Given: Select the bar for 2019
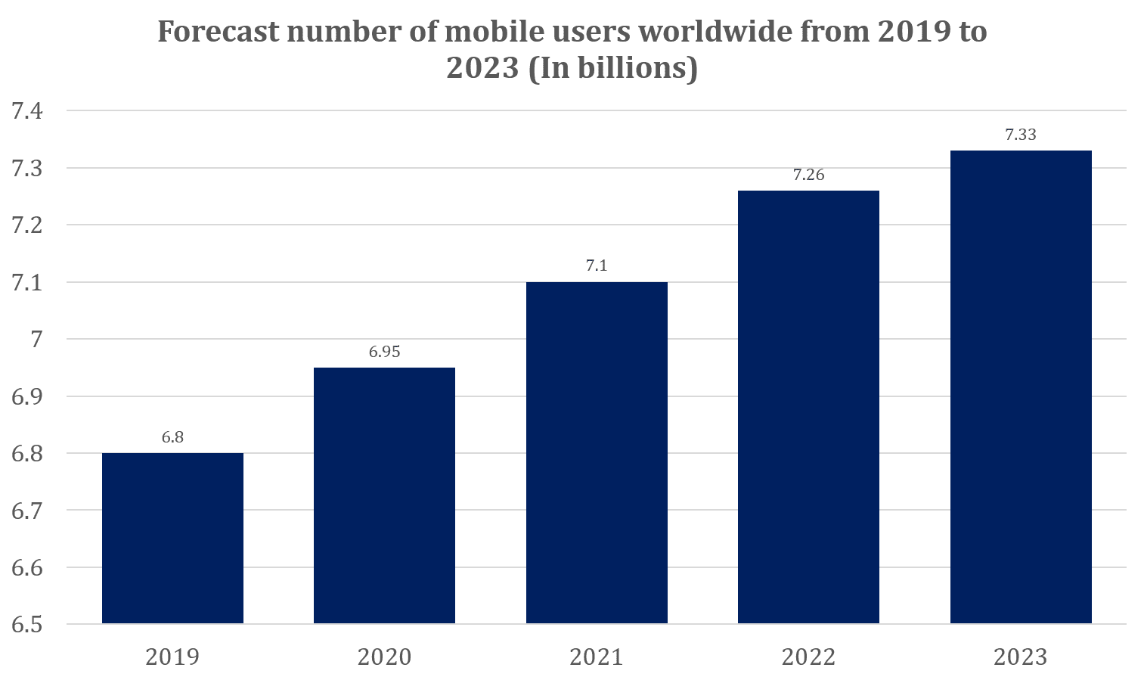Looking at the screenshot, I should pyautogui.click(x=172, y=538).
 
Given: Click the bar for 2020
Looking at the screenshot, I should pyautogui.click(x=384, y=495).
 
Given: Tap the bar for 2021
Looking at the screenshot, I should pyautogui.click(x=597, y=452).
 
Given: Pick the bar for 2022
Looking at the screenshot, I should pyautogui.click(x=808, y=407).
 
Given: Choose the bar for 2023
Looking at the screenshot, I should pyautogui.click(x=1021, y=387).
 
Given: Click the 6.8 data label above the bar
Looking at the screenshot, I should pyautogui.click(x=172, y=437).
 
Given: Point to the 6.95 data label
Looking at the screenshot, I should pyautogui.click(x=384, y=352).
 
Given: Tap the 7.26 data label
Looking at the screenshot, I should pyautogui.click(x=808, y=175).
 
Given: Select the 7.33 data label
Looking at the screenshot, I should pyautogui.click(x=1021, y=135).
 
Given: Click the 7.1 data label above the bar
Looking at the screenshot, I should pyautogui.click(x=597, y=265).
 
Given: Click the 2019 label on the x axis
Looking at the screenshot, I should pyautogui.click(x=172, y=657).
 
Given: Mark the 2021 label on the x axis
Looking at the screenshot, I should pyautogui.click(x=597, y=657).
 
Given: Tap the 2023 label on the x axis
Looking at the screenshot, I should pyautogui.click(x=1021, y=657).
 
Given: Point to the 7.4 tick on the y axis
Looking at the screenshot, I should pyautogui.click(x=27, y=111).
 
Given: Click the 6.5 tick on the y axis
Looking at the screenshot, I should pyautogui.click(x=27, y=625).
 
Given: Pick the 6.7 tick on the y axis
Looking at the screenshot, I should pyautogui.click(x=27, y=511).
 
